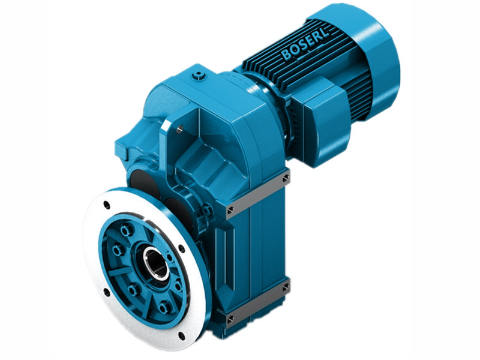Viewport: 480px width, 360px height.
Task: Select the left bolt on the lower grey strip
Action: (230, 316)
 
